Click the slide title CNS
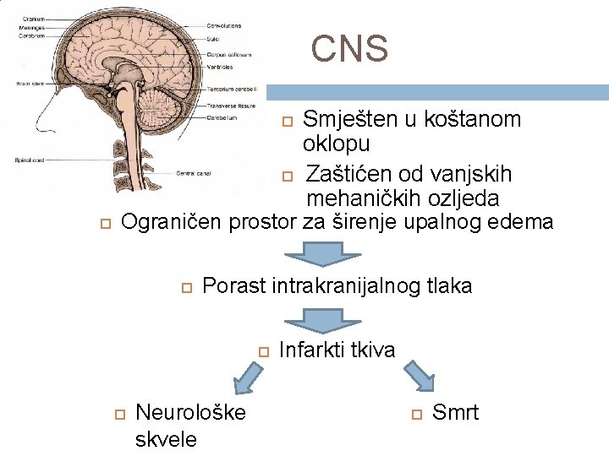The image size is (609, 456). click(349, 49)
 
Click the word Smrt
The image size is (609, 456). click(455, 413)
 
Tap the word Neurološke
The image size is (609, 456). click(190, 413)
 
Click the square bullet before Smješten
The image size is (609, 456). click(287, 122)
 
